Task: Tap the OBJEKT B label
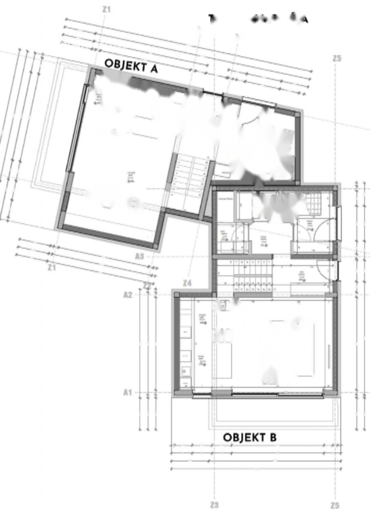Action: coord(249,437)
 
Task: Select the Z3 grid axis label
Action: coord(214,505)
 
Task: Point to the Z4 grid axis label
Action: coord(187,283)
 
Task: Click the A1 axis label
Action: coord(128,392)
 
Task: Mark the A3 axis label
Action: coord(139,256)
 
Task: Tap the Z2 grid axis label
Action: coord(148,285)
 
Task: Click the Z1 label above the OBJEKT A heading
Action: coord(106,9)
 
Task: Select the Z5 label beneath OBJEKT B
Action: coord(335,506)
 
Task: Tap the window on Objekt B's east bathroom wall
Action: coord(339,224)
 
